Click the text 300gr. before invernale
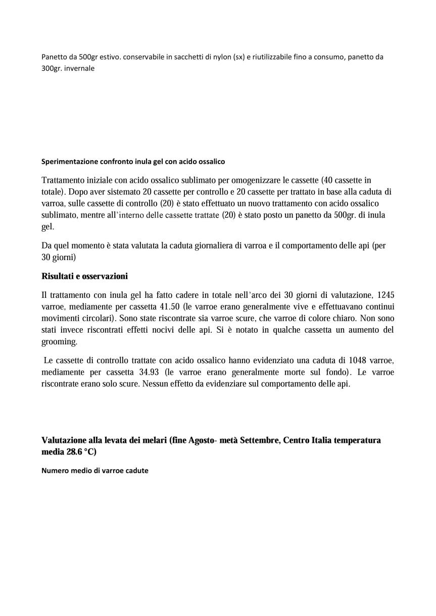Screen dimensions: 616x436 point(51,68)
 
